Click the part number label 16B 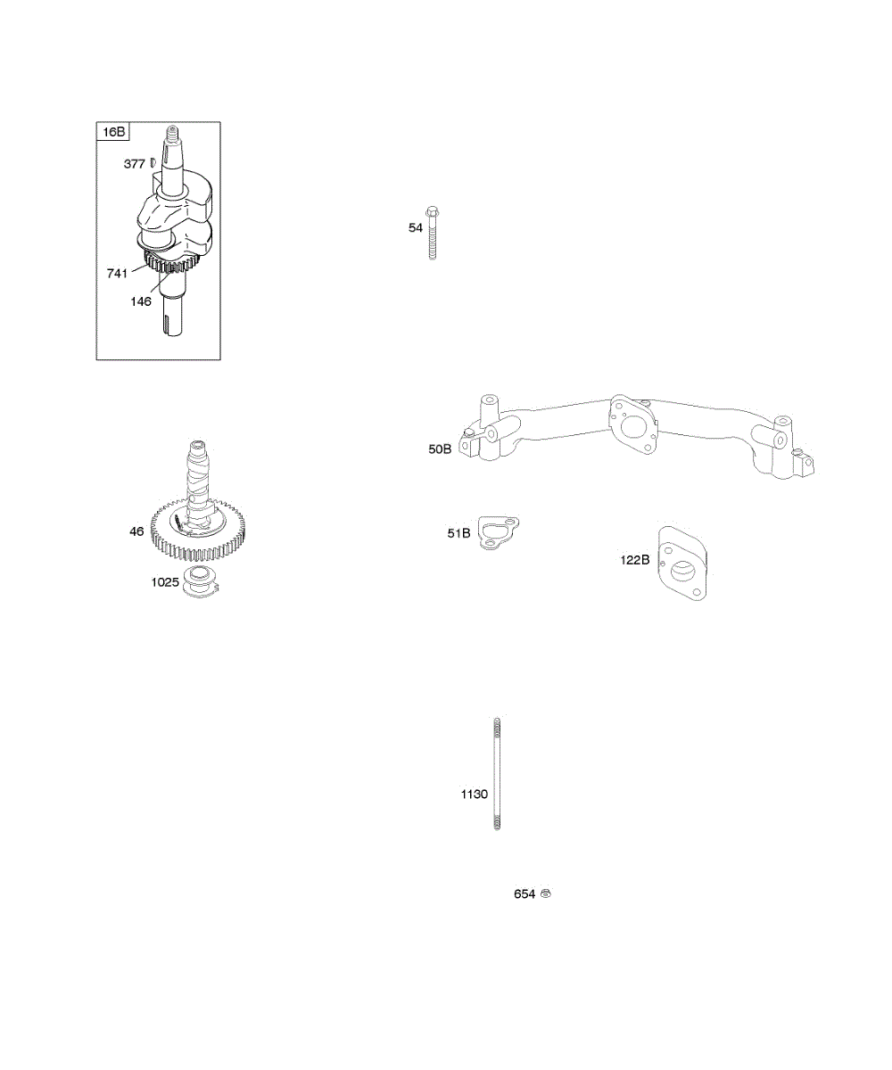[113, 132]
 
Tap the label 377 [134, 164]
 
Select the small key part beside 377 [153, 161]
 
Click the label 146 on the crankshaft [141, 301]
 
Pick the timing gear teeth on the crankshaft [169, 265]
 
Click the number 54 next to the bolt [416, 228]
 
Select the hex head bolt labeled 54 [433, 233]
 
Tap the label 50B [441, 449]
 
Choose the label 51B [458, 533]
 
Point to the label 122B [636, 561]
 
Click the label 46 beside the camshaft [136, 531]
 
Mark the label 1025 [165, 583]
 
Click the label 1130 [475, 794]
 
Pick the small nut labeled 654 [546, 893]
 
